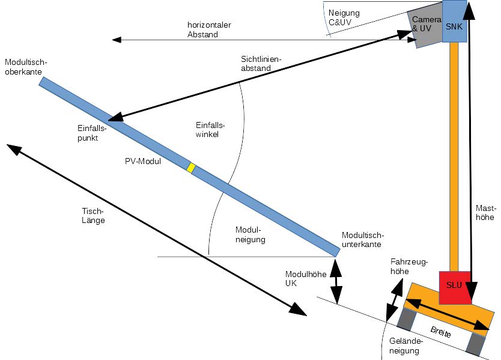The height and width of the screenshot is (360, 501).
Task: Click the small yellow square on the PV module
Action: pyautogui.click(x=190, y=168)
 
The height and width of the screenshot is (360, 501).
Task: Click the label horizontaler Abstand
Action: pyautogui.click(x=209, y=29)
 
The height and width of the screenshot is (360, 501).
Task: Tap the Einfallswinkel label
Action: pyautogui.click(x=210, y=130)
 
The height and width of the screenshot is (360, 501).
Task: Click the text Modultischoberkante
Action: pyautogui.click(x=25, y=67)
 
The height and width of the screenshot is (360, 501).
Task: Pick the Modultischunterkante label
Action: pyautogui.click(x=362, y=240)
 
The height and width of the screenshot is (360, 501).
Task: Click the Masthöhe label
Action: pyautogui.click(x=485, y=213)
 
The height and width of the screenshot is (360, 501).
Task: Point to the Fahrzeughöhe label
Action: pyautogui.click(x=408, y=267)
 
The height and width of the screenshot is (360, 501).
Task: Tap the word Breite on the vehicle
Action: pyautogui.click(x=443, y=332)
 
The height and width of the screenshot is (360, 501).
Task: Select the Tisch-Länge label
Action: pyautogui.click(x=93, y=216)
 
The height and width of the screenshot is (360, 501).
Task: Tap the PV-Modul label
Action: pyautogui.click(x=139, y=161)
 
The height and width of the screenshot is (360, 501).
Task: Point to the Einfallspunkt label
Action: pyautogui.click(x=92, y=133)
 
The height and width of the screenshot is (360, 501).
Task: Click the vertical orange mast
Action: pyautogui.click(x=454, y=156)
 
